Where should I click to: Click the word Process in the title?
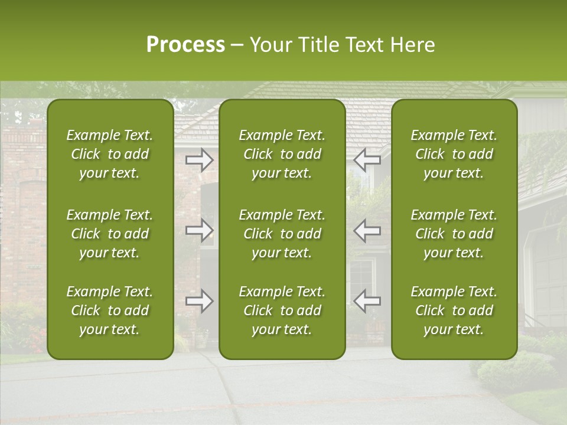(185, 45)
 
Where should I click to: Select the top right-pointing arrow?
(200, 160)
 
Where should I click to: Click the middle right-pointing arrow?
(200, 230)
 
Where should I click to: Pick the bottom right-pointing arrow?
(200, 301)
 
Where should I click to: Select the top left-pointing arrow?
(367, 160)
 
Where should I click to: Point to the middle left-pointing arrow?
(367, 230)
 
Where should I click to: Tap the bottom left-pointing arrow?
(367, 301)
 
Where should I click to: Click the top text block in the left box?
(110, 154)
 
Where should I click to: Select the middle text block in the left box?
(110, 234)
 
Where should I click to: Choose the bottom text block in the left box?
(110, 310)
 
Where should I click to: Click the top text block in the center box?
(282, 154)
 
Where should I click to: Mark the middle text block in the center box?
(282, 234)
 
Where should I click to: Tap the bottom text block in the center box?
(282, 310)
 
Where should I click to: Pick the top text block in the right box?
(454, 154)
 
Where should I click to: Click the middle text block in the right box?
(454, 234)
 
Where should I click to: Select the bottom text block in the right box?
(454, 310)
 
